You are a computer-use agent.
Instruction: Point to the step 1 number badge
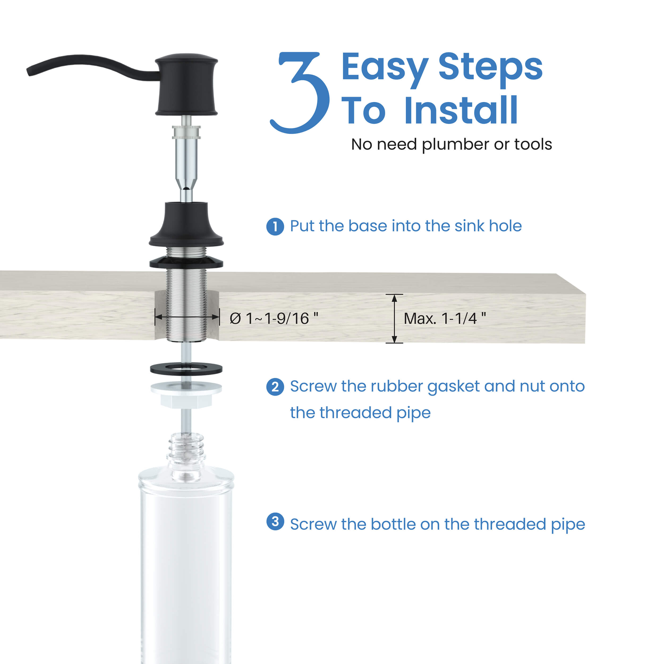(275, 227)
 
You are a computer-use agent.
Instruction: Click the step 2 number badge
(275, 387)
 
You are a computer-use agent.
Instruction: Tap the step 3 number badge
(275, 521)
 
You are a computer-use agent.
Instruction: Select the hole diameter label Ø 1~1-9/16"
(274, 318)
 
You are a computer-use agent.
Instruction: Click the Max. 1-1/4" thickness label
(445, 318)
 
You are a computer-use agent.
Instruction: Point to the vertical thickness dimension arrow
(394, 319)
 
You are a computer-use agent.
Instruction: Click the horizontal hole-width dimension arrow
(187, 317)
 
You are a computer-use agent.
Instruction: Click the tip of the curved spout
(29, 71)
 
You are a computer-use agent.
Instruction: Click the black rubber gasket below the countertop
(186, 369)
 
